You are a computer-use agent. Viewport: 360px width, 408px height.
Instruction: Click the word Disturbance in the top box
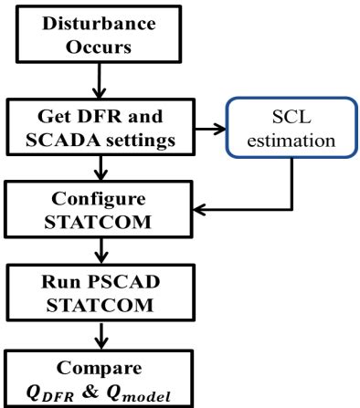(98, 20)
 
